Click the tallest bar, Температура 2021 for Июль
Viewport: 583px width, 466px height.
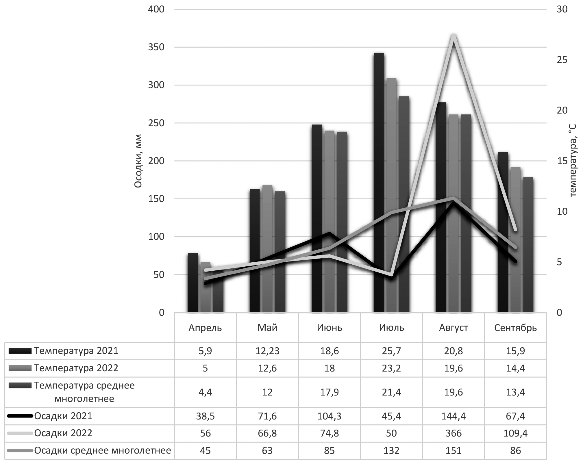[379, 182]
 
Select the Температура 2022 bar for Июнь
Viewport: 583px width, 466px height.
[329, 221]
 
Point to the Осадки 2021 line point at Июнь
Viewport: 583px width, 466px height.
[329, 233]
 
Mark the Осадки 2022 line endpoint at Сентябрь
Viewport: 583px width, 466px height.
[515, 230]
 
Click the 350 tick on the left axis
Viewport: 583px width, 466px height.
[156, 47]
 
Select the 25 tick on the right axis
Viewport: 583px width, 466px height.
[562, 60]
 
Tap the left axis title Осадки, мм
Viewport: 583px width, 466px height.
[138, 161]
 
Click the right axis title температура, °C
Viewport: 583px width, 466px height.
[572, 161]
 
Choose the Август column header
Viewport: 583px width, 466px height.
[453, 328]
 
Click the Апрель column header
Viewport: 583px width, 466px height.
[205, 328]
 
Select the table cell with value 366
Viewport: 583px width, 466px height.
[453, 433]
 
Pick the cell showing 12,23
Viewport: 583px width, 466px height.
[267, 351]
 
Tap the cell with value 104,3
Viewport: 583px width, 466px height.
[329, 416]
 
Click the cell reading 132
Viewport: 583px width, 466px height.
[391, 450]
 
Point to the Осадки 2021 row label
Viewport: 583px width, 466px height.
[63, 416]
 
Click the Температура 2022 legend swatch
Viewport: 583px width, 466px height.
[20, 368]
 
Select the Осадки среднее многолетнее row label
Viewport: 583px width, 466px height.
[103, 450]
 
